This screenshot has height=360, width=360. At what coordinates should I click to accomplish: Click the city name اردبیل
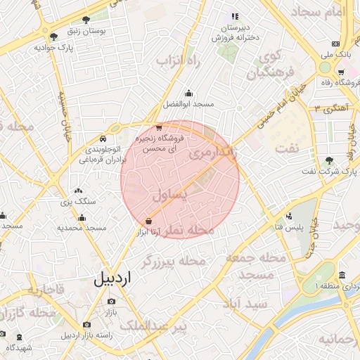coord(112,278)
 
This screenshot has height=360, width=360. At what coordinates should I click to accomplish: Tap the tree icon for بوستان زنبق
coord(86,20)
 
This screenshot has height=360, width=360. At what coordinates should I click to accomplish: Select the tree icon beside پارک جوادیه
coord(54,36)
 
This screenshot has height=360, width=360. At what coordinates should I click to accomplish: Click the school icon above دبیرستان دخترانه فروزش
coord(235,16)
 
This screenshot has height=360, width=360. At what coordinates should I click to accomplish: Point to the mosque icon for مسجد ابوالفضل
coord(188,93)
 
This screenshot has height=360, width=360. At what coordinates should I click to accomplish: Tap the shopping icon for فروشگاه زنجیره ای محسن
coord(159,128)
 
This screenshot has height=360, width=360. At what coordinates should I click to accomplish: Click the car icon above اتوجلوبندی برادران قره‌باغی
coord(103,138)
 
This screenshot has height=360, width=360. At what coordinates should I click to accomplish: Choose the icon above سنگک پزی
coord(77,190)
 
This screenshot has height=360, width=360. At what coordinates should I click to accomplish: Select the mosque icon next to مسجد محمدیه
coord(82,217)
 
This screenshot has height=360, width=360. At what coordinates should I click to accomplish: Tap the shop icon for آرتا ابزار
coord(148,220)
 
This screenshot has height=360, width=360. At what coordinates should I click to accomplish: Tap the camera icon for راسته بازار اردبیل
coord(86,325)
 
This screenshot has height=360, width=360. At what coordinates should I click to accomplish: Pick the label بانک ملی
coord(336,54)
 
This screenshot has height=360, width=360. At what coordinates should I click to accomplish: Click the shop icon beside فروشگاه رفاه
coord(341,72)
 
